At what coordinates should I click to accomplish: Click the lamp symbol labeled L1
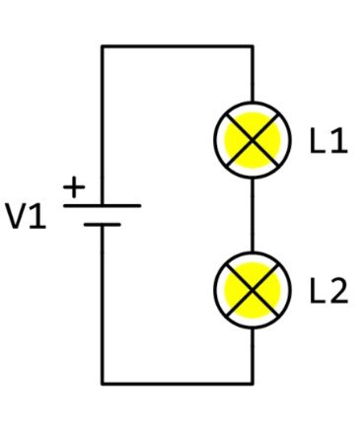pyautogui.click(x=252, y=141)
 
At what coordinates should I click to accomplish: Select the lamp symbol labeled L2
pyautogui.click(x=252, y=289)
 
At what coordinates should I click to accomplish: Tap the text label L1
pyautogui.click(x=328, y=142)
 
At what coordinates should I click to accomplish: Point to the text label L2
pyautogui.click(x=328, y=292)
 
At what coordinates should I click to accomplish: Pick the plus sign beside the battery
pyautogui.click(x=75, y=185)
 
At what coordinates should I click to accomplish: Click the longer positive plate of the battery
pyautogui.click(x=103, y=205)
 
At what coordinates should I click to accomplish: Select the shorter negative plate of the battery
pyautogui.click(x=103, y=225)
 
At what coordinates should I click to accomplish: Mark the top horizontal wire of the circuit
pyautogui.click(x=178, y=46)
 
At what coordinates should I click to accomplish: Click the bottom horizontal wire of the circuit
pyautogui.click(x=178, y=383)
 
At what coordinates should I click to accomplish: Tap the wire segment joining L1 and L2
pyautogui.click(x=252, y=215)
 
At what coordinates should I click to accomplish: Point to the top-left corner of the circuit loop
pyautogui.click(x=103, y=46)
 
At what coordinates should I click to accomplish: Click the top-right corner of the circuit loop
pyautogui.click(x=252, y=46)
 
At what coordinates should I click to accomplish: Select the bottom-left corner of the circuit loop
pyautogui.click(x=103, y=383)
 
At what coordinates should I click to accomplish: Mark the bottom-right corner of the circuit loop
pyautogui.click(x=252, y=383)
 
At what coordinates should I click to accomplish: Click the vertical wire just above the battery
pyautogui.click(x=103, y=128)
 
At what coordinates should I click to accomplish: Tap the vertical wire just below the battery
pyautogui.click(x=103, y=306)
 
